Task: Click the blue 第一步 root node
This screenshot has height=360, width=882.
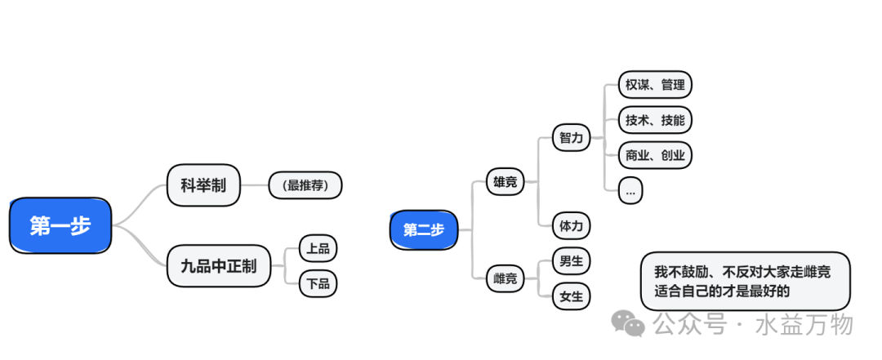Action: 60,225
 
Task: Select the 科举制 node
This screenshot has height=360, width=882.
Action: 203,185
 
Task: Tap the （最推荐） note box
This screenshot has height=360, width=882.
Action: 305,185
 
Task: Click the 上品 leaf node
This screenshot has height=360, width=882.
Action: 318,248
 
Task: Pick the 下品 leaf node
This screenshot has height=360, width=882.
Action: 318,283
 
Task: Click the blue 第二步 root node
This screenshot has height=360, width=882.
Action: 423,229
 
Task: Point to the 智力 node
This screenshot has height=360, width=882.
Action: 571,138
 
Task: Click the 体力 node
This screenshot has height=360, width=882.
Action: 571,224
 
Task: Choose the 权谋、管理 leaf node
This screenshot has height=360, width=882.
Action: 655,85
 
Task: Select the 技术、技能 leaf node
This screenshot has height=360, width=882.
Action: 655,120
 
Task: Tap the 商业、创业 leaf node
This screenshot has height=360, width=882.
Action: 655,155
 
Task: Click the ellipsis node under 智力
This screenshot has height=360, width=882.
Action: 630,191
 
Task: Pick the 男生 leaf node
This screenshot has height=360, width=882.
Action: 571,261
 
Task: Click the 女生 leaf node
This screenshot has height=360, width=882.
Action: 571,296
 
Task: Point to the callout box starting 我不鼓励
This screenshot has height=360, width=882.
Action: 744,280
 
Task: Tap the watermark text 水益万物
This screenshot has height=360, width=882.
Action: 805,324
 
